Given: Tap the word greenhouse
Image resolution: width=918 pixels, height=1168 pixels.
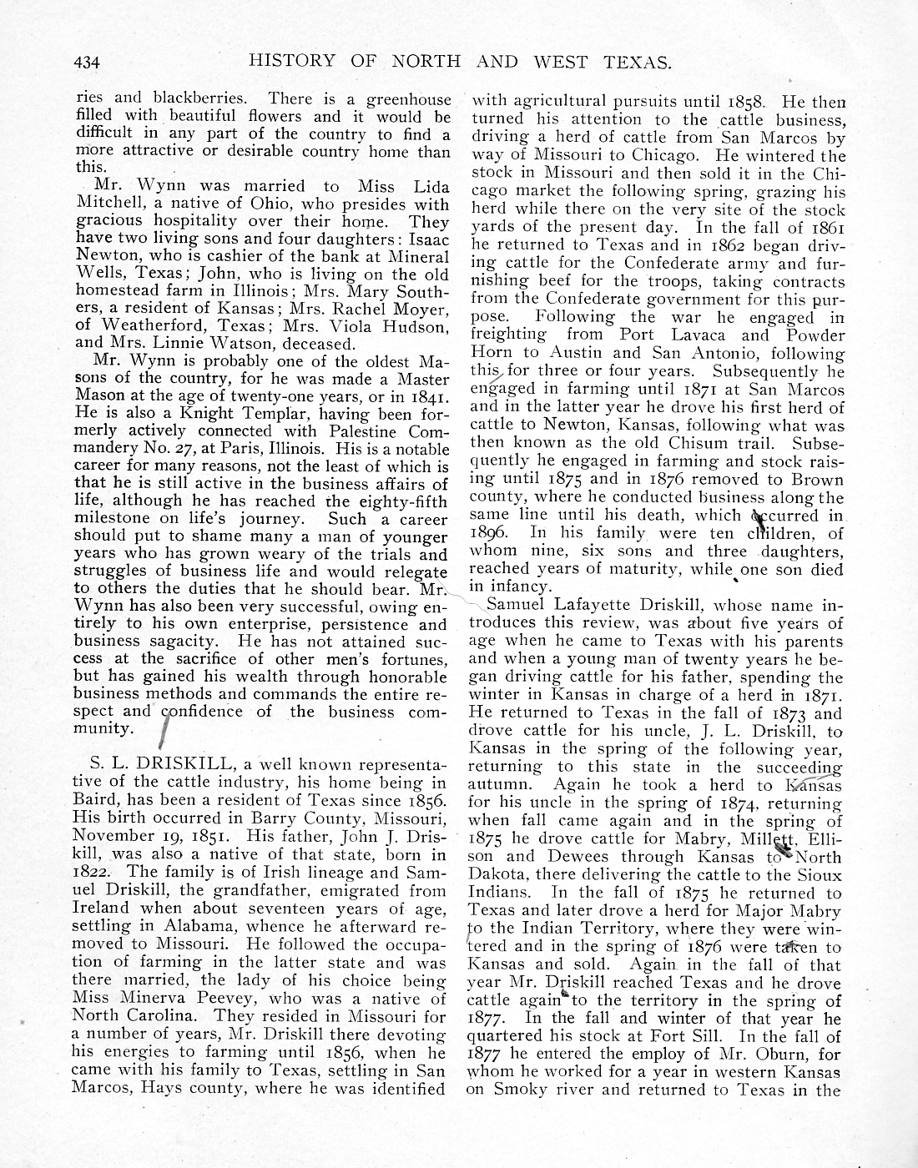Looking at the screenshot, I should coord(409,98).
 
